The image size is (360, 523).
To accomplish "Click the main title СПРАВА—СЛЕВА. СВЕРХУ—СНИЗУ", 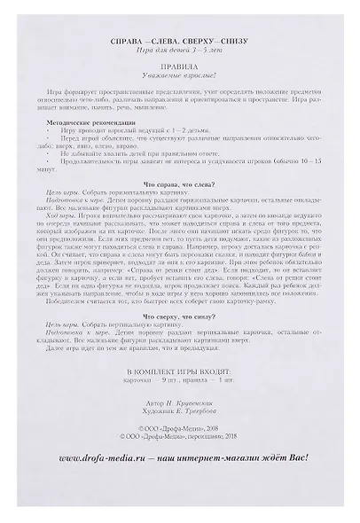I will [x=181, y=42].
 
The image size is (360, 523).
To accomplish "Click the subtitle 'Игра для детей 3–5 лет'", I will [x=181, y=51].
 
